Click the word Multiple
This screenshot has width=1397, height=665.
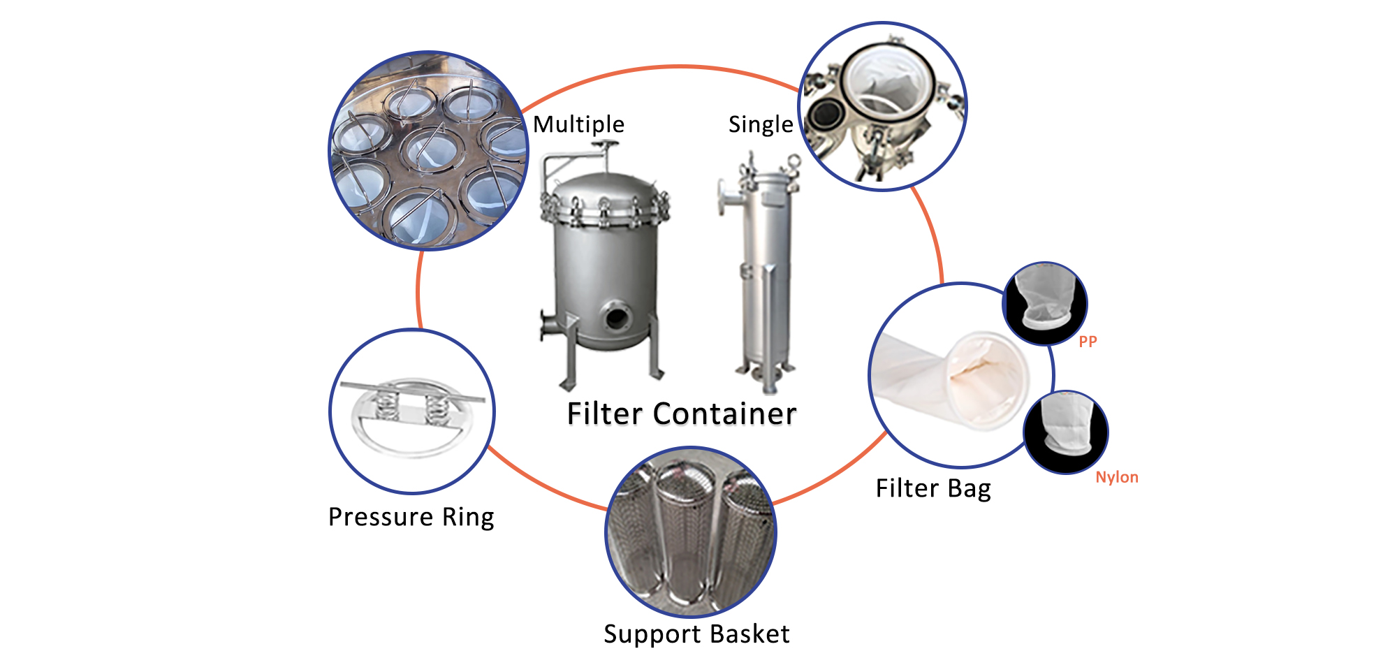click(x=578, y=124)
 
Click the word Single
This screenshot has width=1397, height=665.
click(x=760, y=124)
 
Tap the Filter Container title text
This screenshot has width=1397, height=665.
click(x=681, y=414)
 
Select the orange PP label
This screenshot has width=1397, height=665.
click(x=1088, y=342)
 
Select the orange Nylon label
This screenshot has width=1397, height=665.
click(x=1116, y=477)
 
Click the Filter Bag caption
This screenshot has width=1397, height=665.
click(x=933, y=488)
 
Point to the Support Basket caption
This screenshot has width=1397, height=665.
click(x=696, y=634)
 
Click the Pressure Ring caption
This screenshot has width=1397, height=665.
click(x=411, y=517)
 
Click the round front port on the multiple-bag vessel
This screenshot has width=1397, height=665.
click(x=617, y=316)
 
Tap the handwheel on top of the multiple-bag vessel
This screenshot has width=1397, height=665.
click(x=605, y=145)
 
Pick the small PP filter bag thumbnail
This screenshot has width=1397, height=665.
click(x=1044, y=302)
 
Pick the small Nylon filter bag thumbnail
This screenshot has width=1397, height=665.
click(x=1065, y=432)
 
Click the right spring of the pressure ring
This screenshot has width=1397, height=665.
click(x=436, y=407)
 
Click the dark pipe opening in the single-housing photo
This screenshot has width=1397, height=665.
click(x=826, y=112)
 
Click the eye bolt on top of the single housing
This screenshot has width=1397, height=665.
click(x=793, y=161)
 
